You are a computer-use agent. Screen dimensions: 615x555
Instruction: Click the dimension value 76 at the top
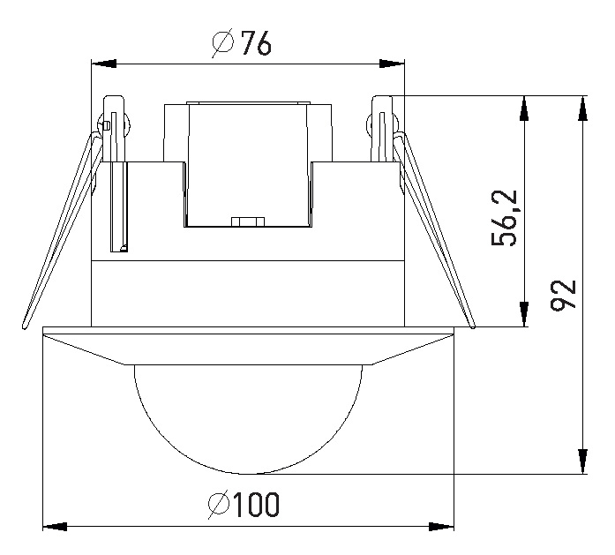pyautogui.click(x=256, y=42)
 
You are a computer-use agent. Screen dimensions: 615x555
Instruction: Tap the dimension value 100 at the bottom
pyautogui.click(x=257, y=504)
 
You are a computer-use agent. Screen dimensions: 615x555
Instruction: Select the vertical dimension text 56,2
pyautogui.click(x=505, y=218)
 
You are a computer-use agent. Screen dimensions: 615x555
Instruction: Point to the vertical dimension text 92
pyautogui.click(x=563, y=294)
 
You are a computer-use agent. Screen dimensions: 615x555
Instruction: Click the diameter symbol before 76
pyautogui.click(x=223, y=42)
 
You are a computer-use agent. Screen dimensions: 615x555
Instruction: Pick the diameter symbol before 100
pyautogui.click(x=219, y=504)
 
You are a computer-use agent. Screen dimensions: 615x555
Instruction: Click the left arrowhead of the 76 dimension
pyautogui.click(x=103, y=64)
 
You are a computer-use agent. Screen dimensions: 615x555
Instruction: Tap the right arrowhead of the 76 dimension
pyautogui.click(x=392, y=64)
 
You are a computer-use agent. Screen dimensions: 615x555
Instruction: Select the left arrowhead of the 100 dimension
pyautogui.click(x=55, y=527)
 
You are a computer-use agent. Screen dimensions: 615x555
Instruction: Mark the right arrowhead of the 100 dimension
pyautogui.click(x=441, y=527)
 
